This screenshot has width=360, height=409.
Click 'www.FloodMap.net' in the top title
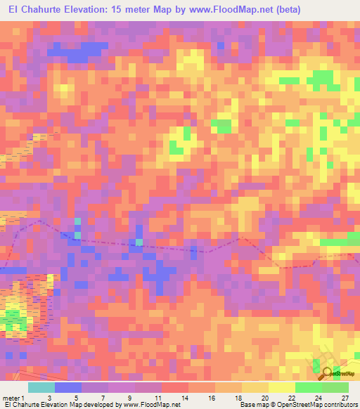click(x=227, y=10)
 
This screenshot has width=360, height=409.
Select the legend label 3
click(x=49, y=398)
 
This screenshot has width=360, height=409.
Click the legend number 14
click(x=184, y=398)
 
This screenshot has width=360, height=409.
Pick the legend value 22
click(x=291, y=398)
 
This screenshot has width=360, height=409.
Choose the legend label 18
click(x=238, y=398)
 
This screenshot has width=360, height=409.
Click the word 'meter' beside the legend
click(x=13, y=398)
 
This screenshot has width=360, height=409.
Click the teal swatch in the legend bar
click(x=41, y=387)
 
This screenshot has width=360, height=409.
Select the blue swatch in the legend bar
click(x=67, y=387)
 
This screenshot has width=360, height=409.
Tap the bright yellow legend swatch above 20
click(x=282, y=387)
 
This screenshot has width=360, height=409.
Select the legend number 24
click(x=318, y=398)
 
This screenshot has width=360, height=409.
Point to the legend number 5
click(x=76, y=398)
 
